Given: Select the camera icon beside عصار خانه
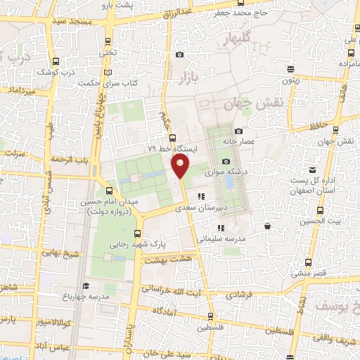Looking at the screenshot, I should point(238,131).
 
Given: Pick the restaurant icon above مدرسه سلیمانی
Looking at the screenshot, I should point(221,228).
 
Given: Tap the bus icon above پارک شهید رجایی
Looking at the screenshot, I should point(137,234).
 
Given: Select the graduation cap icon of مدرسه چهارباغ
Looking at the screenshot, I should point(85,285).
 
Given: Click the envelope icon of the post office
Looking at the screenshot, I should point(311,169).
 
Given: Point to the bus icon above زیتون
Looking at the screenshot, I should point(290,69).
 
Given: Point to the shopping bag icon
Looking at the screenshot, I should point(268,226).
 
